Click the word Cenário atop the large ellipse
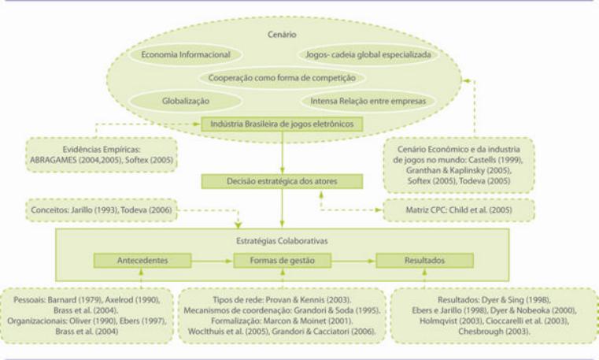tap(281, 34)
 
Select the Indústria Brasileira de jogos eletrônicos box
tap(282, 124)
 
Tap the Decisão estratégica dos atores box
tap(281, 182)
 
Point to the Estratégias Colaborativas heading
tap(281, 239)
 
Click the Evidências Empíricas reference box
tap(91, 152)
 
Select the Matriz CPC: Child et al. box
tap(458, 210)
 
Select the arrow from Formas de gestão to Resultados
tap(352, 260)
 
